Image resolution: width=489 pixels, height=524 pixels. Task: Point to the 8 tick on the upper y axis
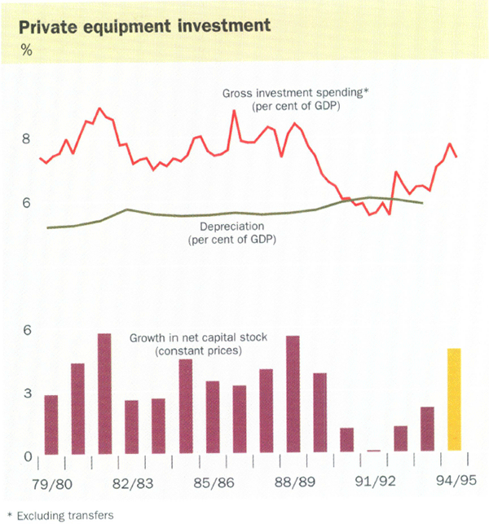pyautogui.click(x=26, y=139)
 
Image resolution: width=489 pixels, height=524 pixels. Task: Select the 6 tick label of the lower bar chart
pyautogui.click(x=26, y=330)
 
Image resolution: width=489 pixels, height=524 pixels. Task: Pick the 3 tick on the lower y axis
pyautogui.click(x=26, y=393)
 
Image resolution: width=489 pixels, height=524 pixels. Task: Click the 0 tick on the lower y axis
pyautogui.click(x=26, y=456)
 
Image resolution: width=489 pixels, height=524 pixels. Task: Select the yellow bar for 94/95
pyautogui.click(x=454, y=399)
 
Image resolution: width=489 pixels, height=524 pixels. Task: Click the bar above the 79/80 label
pyautogui.click(x=51, y=424)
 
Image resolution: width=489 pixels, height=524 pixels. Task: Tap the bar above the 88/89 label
pyautogui.click(x=293, y=394)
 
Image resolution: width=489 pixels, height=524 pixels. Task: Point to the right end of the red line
pyautogui.click(x=456, y=157)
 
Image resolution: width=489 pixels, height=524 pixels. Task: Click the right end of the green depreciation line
pyautogui.click(x=422, y=202)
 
